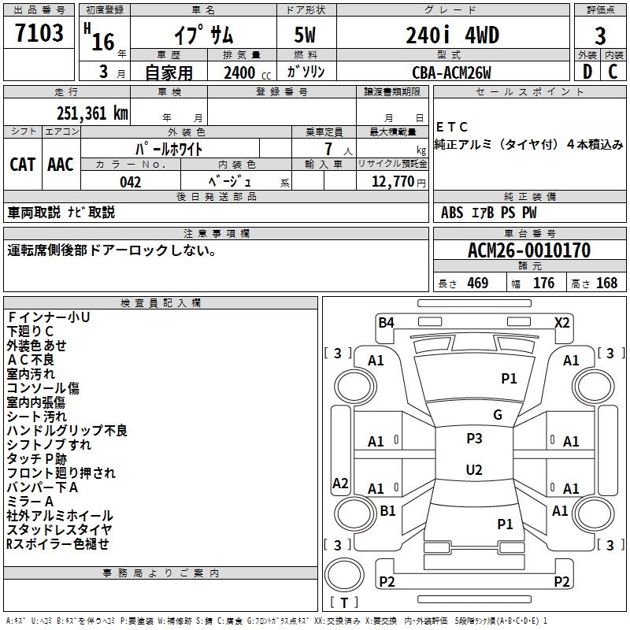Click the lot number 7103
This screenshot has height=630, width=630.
pos(39,34)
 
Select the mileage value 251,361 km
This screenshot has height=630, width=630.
pos(92,113)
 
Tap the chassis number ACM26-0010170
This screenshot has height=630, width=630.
pos(528,250)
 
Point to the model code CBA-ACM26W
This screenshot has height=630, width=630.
pos(451,72)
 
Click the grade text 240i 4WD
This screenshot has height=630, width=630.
pos(452,35)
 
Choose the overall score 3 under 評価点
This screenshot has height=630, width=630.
pos(600,35)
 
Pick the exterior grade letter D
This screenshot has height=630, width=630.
pos(587,72)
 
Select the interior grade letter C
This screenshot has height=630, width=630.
pos(613,72)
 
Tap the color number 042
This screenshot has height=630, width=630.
pos(130,182)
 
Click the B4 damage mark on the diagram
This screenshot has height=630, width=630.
pos(386,322)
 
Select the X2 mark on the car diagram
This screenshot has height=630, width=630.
pos(562,322)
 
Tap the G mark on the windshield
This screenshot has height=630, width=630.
pos(498,415)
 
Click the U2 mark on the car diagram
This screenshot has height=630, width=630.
pos(474,470)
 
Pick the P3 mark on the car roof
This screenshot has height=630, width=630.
pos(474,439)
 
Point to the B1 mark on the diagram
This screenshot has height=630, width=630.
pos(387,511)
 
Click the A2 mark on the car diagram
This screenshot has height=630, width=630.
pos(340,484)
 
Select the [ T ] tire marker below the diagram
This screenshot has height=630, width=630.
pos(344,602)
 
